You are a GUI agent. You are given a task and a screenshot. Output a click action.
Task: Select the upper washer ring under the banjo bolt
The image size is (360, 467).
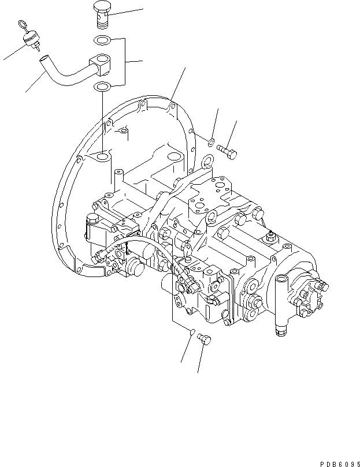(102, 41)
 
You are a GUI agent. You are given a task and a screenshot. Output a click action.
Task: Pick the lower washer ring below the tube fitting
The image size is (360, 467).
(102, 88)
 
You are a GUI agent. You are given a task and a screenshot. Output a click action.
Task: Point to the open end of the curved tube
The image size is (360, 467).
(43, 58)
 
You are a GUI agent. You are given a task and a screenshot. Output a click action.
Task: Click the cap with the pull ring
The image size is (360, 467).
(29, 40)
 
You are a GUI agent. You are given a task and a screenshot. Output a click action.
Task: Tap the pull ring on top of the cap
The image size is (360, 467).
(22, 25)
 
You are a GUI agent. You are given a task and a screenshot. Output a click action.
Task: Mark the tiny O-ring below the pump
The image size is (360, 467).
(192, 332)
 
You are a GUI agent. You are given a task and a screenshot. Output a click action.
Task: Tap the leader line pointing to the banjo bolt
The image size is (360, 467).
(127, 12)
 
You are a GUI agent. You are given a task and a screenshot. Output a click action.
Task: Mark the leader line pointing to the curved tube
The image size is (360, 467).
(35, 84)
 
